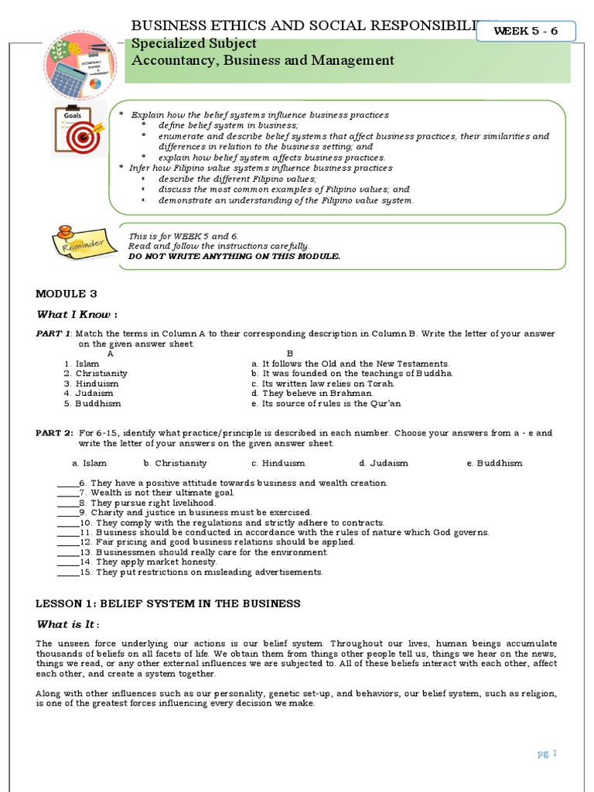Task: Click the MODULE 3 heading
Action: [67, 294]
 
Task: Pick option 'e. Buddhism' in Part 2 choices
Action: [494, 463]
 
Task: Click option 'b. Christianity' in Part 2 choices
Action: [175, 463]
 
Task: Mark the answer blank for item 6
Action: [68, 483]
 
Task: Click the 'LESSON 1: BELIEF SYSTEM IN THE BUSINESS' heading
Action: [168, 603]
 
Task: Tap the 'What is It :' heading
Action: [68, 624]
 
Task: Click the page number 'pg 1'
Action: [547, 753]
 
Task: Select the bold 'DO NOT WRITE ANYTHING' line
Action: [234, 256]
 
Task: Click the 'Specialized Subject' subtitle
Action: [193, 44]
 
